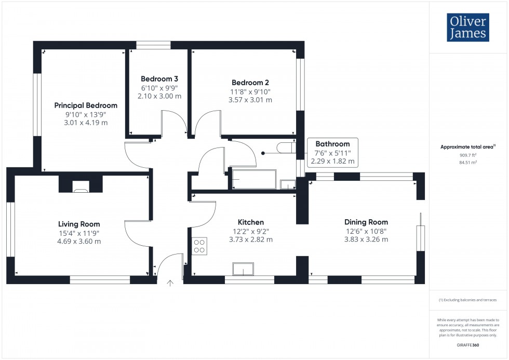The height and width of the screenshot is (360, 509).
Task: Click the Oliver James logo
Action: point(468,27)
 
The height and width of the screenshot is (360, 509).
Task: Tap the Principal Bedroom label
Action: point(86,105)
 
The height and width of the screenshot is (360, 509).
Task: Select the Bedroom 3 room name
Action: point(159,79)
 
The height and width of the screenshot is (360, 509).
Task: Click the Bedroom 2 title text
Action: point(250,83)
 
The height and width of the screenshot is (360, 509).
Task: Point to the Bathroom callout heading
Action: point(333,144)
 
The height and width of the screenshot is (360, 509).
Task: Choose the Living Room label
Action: point(79,224)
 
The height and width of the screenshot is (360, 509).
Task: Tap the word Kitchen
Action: point(251,222)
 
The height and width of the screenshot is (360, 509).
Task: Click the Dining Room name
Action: point(366,222)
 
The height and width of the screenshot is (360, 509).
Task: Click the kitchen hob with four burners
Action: point(199,246)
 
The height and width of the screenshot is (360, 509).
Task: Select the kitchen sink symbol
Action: point(243,269)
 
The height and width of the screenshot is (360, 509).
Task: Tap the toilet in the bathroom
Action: point(286,148)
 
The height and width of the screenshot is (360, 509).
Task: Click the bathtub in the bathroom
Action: point(254,179)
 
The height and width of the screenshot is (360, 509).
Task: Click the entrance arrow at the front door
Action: point(170,283)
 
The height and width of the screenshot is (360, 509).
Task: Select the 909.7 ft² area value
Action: point(468,155)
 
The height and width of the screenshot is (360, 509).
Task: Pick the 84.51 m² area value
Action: point(468,162)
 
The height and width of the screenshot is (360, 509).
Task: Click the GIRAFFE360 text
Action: point(468,345)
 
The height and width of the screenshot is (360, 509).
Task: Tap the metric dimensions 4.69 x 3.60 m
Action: point(79,241)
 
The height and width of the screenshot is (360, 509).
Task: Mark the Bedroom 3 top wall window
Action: point(153,45)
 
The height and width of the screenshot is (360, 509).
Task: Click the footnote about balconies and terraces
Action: point(468,300)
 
